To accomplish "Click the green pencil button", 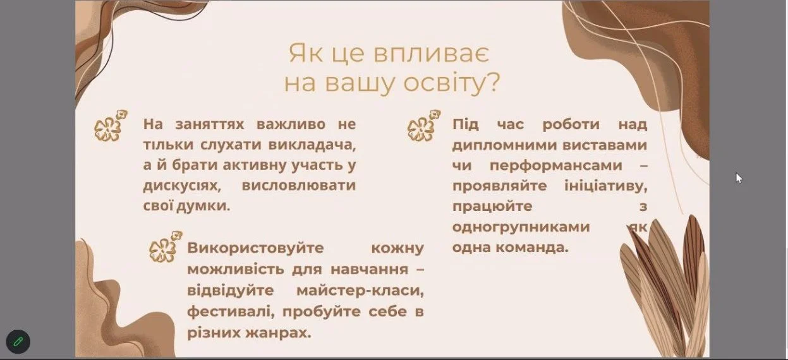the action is click(x=18, y=341).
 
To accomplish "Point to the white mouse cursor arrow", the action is click(x=739, y=178).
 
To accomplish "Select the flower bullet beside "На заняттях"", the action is click(x=111, y=126).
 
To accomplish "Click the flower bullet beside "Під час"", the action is click(x=423, y=126).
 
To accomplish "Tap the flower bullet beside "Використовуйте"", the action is click(x=166, y=247).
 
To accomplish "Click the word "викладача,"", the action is click(x=312, y=145).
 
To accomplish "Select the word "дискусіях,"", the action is click(x=182, y=186).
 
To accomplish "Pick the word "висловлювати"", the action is click(x=299, y=185).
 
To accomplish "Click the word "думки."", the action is click(x=203, y=206).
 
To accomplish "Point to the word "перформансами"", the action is click(x=556, y=165).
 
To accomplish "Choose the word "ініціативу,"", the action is click(x=606, y=186).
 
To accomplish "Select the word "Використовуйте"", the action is click(x=255, y=248).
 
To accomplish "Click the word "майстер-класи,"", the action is click(x=360, y=291).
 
